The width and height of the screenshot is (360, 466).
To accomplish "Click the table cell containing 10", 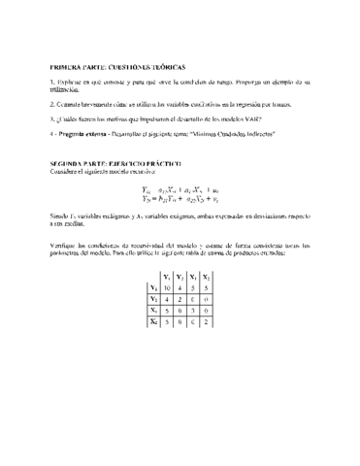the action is pos(166,287).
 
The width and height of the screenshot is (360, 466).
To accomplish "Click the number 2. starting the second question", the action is pos(52,101).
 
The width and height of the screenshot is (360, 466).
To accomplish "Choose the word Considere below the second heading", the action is pos(66,172).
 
